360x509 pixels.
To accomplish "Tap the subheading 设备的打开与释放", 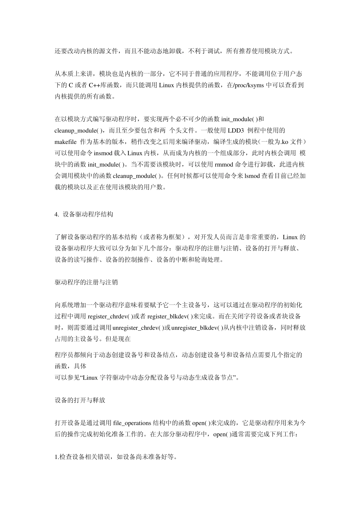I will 80,400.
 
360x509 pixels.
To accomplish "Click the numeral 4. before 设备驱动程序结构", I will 57,214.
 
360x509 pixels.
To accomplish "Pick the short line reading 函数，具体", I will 70,366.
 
